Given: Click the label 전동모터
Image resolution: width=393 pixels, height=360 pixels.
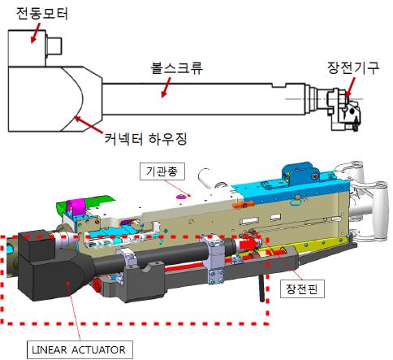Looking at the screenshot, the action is tap(42, 14).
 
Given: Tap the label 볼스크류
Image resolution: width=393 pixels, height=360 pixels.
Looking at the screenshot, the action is tap(177, 68).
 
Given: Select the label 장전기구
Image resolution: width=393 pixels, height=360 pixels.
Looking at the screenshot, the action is tap(353, 67).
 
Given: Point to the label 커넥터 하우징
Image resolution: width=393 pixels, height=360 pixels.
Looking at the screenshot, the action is tap(146, 139).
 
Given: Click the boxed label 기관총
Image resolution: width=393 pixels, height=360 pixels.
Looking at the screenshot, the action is tap(162, 171).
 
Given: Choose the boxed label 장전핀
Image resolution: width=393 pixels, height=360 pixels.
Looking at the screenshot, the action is tap(302, 289).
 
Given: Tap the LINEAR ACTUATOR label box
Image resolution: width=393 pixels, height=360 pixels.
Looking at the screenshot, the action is tap(80, 349).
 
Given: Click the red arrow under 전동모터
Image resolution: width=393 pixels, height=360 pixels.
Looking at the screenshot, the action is tap(35, 33).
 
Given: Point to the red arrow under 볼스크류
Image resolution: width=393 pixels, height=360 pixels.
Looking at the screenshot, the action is tap(166, 88).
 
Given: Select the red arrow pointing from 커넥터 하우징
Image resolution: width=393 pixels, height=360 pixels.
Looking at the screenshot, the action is tap(89, 124).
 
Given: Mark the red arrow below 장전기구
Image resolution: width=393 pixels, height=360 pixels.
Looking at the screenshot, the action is tap(350, 87).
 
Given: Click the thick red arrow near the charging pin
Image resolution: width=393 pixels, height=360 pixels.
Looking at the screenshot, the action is tap(248, 243).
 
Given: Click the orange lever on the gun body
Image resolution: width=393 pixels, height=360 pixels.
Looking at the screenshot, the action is tap(243, 205).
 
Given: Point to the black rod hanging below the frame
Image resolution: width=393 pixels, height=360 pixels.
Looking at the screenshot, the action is tap(262, 288).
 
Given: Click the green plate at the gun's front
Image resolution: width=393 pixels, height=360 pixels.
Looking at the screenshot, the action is tap(85, 203).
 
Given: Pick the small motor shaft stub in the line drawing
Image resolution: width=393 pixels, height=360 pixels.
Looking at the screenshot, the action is tap(54, 46).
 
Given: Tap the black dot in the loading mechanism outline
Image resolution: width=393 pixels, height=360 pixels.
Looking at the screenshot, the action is tap(352, 111).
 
